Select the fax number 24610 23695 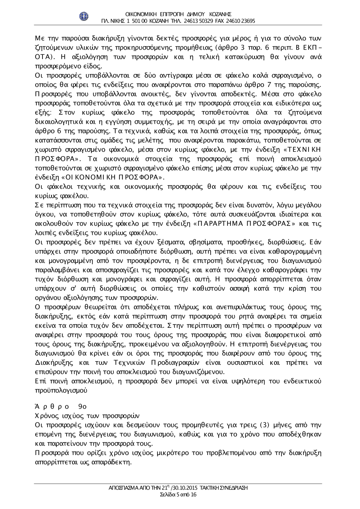[x=242, y=21]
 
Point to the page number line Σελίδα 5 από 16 [x=178, y=495]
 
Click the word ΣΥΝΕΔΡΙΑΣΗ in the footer [x=233, y=488]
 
